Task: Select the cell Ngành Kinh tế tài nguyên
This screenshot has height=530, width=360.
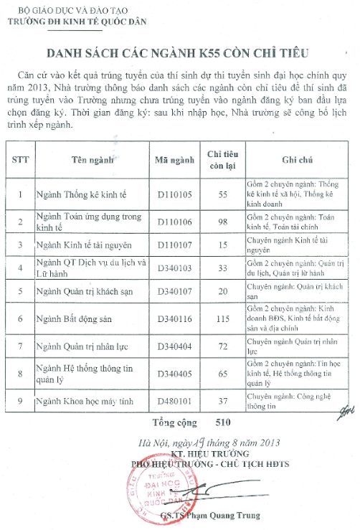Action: point(81,245)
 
